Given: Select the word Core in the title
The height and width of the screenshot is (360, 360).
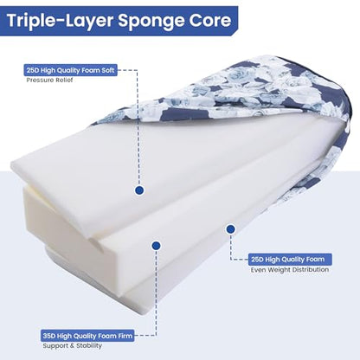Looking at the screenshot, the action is pyautogui.click(x=210, y=20).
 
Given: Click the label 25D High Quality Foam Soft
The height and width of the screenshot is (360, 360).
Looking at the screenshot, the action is pyautogui.click(x=71, y=70).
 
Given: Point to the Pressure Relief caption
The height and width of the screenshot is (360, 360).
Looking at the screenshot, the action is pyautogui.click(x=49, y=80).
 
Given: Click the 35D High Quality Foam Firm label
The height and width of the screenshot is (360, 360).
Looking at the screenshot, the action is pyautogui.click(x=87, y=336).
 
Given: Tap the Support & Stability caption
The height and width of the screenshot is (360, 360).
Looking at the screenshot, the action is pyautogui.click(x=73, y=345).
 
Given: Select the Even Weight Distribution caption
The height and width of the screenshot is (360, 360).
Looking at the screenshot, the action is pyautogui.click(x=290, y=270).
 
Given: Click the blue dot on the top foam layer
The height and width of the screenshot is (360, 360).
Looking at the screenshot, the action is pyautogui.click(x=139, y=190).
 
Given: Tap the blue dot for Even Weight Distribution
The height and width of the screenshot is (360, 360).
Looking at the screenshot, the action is pyautogui.click(x=230, y=229).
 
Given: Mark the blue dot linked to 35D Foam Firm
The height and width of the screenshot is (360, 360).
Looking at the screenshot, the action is pyautogui.click(x=156, y=246).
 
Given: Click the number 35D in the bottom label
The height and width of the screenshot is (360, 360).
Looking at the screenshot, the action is pyautogui.click(x=49, y=336).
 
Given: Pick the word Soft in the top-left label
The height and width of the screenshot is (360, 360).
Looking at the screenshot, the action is pyautogui.click(x=107, y=70).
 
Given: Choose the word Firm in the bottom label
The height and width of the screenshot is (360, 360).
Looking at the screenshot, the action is pyautogui.click(x=125, y=336).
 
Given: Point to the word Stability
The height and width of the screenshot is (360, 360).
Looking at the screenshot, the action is pyautogui.click(x=89, y=345).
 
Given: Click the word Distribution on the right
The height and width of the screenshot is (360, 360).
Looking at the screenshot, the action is pyautogui.click(x=311, y=270).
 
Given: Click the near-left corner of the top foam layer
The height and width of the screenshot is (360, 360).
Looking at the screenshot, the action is pyautogui.click(x=11, y=166).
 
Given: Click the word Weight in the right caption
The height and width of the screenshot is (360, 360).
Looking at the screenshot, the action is pyautogui.click(x=280, y=270).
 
